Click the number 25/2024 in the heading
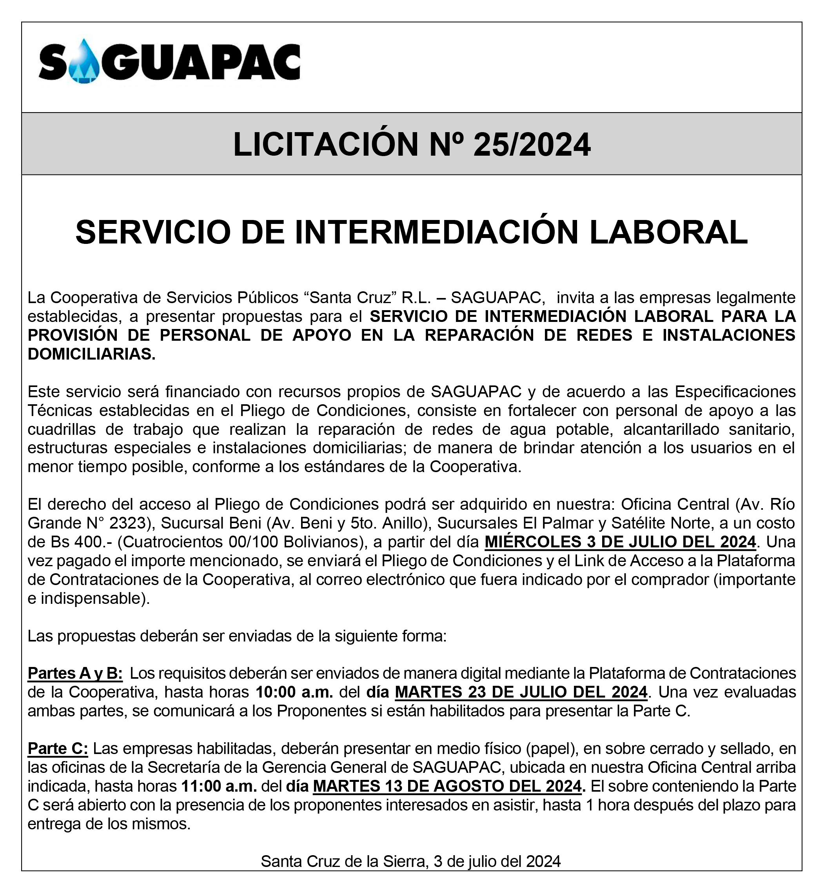[x=532, y=145]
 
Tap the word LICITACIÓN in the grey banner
[x=325, y=145]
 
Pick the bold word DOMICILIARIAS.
[x=92, y=354]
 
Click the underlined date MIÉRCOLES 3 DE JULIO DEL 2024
[x=620, y=542]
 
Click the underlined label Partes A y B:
[x=75, y=673]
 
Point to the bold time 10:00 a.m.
[x=294, y=692]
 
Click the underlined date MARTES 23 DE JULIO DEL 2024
[x=521, y=692]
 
